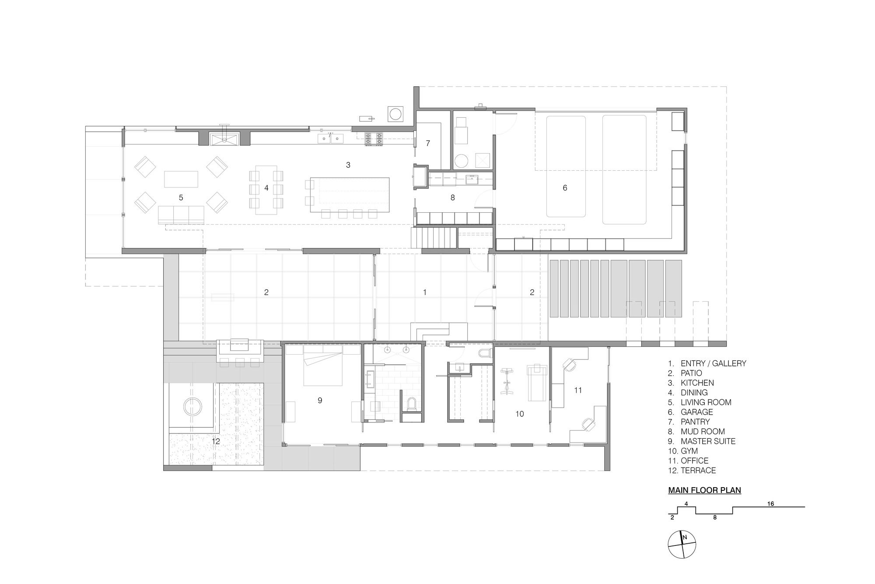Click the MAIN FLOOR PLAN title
704,490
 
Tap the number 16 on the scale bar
770,504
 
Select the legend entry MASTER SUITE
708,441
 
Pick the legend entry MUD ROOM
703,432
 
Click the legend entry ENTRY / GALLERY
713,363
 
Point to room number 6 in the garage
565,188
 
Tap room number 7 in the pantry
428,143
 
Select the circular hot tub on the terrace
192,407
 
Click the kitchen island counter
350,195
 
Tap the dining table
266,190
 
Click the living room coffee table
181,179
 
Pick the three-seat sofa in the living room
181,215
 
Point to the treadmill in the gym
537,382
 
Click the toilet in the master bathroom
411,404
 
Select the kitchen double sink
331,139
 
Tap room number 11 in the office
578,390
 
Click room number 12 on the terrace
216,441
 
